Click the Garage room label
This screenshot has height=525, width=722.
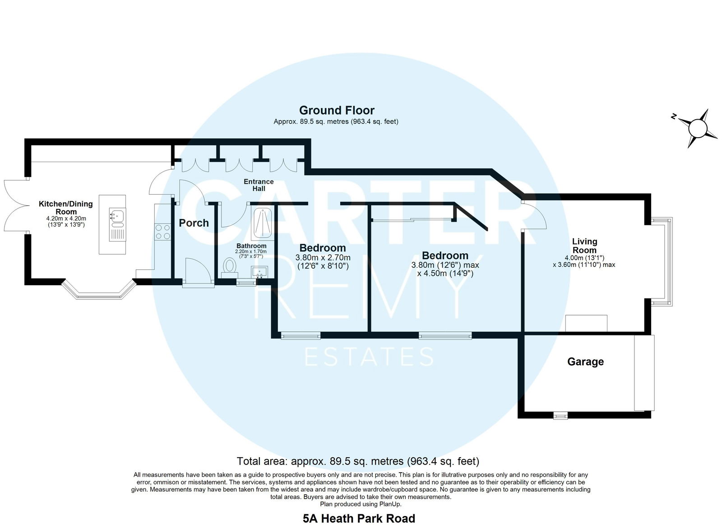tap(585, 362)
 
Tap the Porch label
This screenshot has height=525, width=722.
tap(194, 223)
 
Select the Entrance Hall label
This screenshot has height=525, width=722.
tap(259, 185)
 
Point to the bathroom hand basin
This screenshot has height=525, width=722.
tap(259, 272)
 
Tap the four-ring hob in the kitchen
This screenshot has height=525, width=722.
tap(162, 232)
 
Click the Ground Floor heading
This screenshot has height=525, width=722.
tap(337, 110)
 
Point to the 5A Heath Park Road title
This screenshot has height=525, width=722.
tap(359, 519)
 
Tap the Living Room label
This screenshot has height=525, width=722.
tap(584, 246)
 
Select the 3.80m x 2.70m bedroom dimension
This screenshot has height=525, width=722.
tap(323, 258)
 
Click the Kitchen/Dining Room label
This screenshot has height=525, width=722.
tap(66, 208)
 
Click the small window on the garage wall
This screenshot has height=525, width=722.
tap(560, 416)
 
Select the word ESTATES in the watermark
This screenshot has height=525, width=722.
tap(370, 357)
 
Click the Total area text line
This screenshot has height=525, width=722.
tap(358, 461)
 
